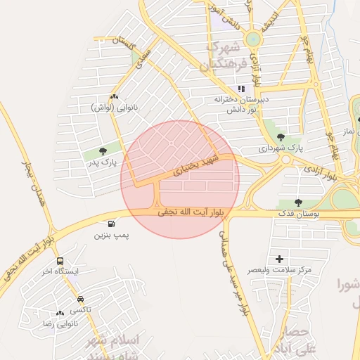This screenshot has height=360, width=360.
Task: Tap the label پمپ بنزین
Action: pyautogui.click(x=112, y=235)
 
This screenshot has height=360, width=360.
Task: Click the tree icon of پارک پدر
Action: pyautogui.click(x=103, y=150)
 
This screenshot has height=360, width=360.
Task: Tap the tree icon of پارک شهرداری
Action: pyautogui.click(x=281, y=137)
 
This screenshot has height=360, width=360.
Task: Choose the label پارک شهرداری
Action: pyautogui.click(x=279, y=148)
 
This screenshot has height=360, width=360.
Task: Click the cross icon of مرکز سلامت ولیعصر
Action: pyautogui.click(x=280, y=259)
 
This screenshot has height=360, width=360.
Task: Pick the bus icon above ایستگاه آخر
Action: pyautogui.click(x=60, y=261)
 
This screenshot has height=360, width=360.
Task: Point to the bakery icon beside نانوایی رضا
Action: pyautogui.click(x=60, y=313)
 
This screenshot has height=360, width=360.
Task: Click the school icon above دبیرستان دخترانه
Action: pyautogui.click(x=241, y=89)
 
